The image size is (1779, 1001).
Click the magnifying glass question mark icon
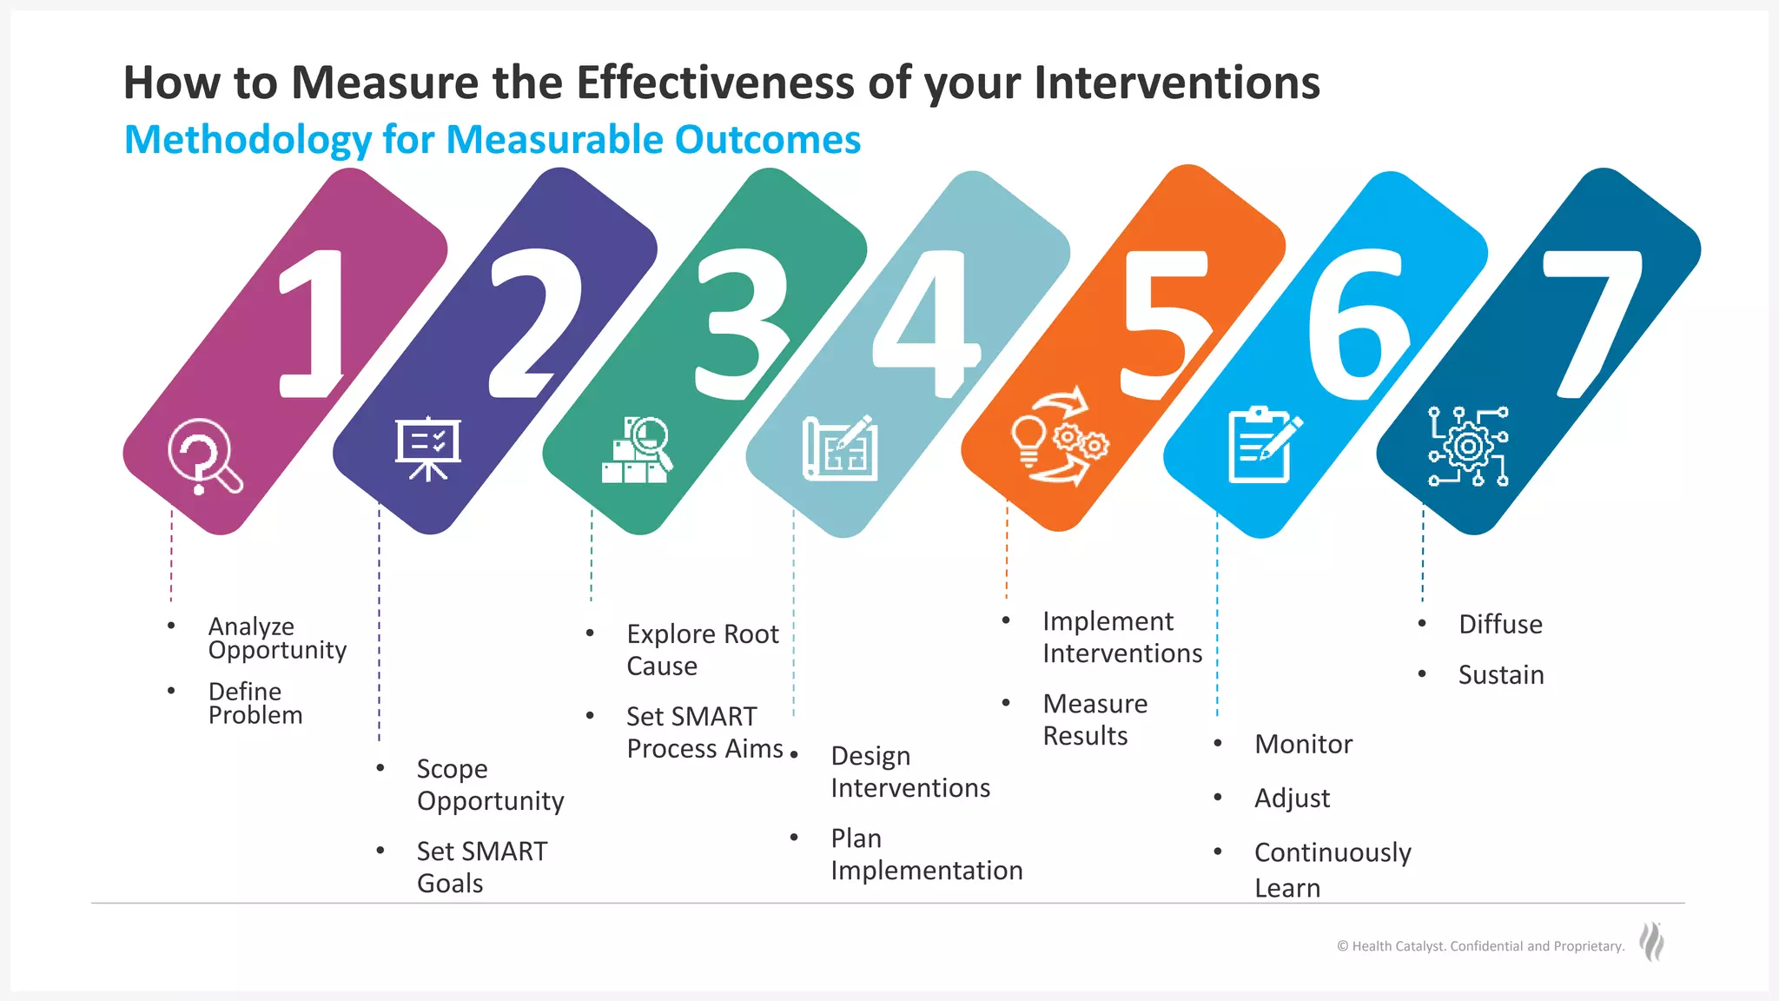(204, 457)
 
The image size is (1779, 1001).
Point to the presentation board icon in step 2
(427, 448)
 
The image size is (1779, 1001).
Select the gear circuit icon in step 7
(1468, 447)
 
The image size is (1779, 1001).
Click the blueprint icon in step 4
(840, 448)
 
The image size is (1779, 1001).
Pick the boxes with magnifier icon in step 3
(638, 450)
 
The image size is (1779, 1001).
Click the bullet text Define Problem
(255, 703)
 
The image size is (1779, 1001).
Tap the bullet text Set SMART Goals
(481, 866)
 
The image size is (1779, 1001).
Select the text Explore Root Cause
(702, 649)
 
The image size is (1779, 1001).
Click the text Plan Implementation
(925, 854)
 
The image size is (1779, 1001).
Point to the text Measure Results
(1095, 719)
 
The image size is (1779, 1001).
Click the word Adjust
(1292, 798)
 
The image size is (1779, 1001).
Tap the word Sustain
(1500, 674)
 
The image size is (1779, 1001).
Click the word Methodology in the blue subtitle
(248, 140)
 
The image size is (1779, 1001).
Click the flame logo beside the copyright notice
(1651, 942)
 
